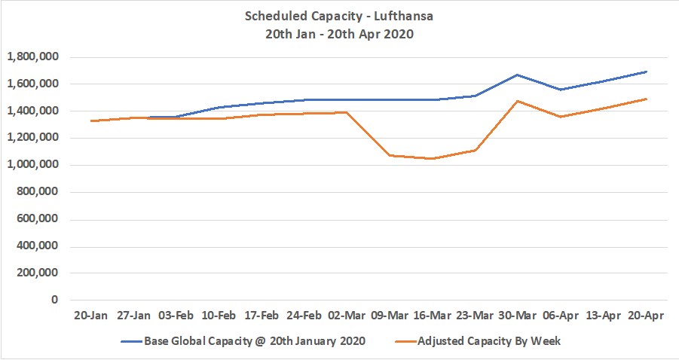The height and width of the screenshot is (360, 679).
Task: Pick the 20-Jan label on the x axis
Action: point(90,316)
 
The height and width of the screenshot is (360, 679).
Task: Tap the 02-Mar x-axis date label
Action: point(347,316)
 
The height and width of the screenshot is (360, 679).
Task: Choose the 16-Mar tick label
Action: point(432,316)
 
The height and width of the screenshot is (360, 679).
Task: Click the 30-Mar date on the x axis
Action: point(518,316)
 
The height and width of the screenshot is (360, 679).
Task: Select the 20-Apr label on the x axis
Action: point(646,316)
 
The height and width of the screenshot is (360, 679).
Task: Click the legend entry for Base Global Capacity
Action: point(244,341)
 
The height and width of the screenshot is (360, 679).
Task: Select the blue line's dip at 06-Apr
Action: point(561,90)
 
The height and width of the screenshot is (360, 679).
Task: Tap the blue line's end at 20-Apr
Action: point(646,72)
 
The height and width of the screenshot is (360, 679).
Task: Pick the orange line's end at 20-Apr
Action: point(646,99)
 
